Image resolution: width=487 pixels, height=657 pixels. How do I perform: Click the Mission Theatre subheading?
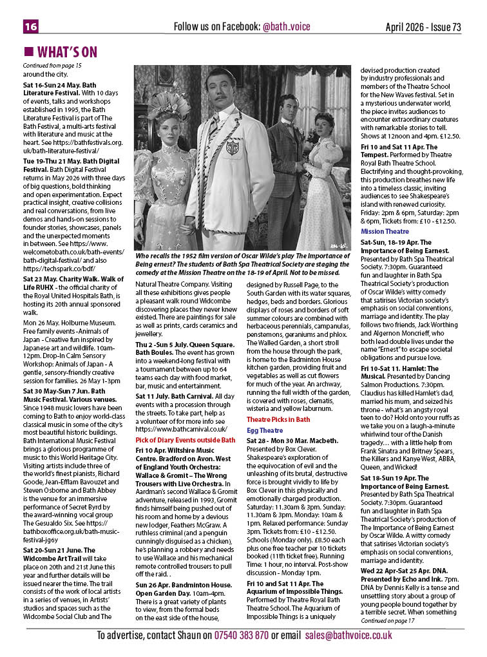point(385,231)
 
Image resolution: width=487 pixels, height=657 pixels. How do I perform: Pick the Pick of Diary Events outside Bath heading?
point(185,440)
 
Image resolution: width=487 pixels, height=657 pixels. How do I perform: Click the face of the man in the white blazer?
point(220,91)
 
